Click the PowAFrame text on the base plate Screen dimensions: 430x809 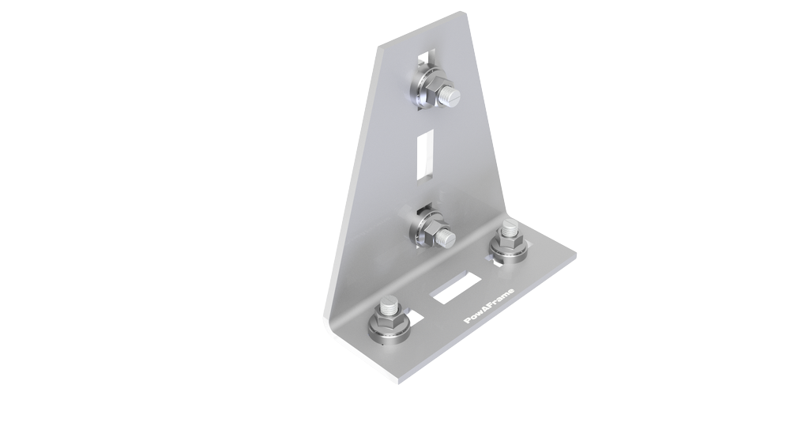(491, 304)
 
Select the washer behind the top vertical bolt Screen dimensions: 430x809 (421, 89)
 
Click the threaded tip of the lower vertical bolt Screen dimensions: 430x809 (448, 238)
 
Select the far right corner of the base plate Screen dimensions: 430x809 (575, 256)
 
